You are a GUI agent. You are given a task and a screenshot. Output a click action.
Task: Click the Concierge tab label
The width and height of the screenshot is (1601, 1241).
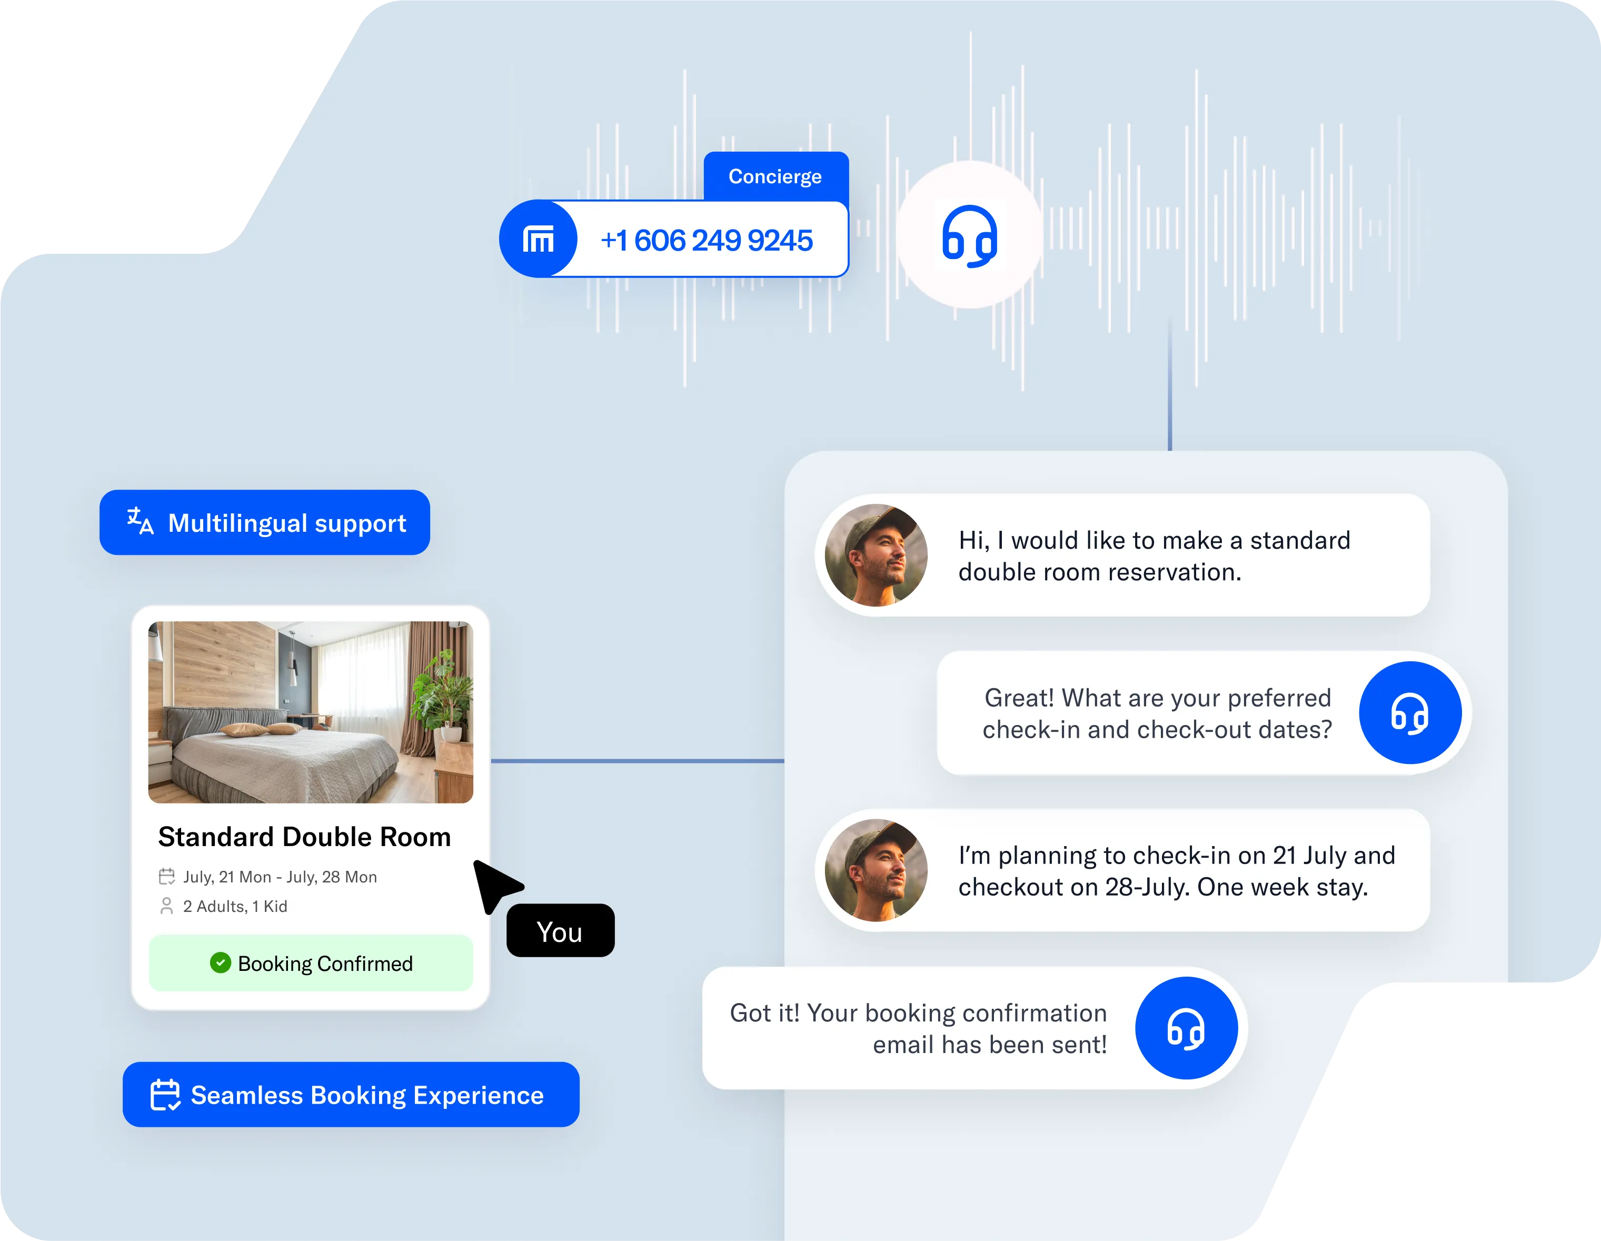pos(775,177)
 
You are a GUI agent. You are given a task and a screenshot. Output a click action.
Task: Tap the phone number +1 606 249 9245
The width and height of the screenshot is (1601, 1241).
pos(706,241)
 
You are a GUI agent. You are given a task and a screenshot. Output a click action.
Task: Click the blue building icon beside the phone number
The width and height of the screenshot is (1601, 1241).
pos(538,239)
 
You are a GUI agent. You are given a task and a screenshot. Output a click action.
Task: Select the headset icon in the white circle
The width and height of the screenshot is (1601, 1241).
pos(969,236)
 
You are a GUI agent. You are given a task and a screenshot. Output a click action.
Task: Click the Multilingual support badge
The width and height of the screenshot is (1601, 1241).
pos(265,523)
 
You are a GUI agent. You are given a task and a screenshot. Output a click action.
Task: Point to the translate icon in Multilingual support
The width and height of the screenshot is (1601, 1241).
pos(140,521)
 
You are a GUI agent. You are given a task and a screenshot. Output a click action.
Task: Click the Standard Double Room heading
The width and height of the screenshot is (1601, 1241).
pos(304,837)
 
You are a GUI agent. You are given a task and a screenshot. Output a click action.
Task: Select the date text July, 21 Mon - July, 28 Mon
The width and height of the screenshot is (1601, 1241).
pos(280,877)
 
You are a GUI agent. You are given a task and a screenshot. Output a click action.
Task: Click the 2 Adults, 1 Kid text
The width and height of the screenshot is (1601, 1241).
pos(235,906)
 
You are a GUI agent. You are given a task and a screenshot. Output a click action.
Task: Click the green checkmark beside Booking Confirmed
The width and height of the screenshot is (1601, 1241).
pos(220,962)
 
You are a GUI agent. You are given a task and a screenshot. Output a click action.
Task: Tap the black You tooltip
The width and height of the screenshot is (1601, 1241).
pos(560,931)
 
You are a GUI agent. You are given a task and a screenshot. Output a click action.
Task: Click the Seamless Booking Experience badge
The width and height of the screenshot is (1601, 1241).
pos(351,1095)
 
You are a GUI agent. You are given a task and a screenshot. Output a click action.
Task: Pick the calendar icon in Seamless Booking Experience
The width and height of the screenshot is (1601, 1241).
pos(165,1095)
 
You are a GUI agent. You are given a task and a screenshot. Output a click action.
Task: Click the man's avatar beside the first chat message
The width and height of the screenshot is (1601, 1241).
pos(876,555)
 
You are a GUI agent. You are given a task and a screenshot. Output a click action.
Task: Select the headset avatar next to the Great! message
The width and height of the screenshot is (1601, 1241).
pos(1410,712)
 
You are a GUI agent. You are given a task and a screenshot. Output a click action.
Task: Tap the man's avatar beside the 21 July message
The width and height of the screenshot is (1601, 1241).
pos(876,870)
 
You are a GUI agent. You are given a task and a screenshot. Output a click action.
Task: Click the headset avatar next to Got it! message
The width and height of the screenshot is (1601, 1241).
pos(1186,1028)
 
